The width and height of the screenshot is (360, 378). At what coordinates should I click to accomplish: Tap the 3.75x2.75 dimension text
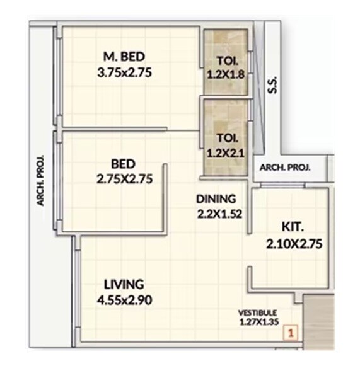point(124,72)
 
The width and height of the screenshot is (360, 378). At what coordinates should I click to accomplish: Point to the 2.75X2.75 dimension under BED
point(124,179)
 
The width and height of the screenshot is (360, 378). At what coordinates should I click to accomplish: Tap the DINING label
point(216,198)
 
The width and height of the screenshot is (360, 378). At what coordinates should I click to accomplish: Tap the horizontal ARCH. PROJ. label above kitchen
point(282,168)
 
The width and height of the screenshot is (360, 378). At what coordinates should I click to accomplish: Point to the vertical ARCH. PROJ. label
point(40,180)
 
